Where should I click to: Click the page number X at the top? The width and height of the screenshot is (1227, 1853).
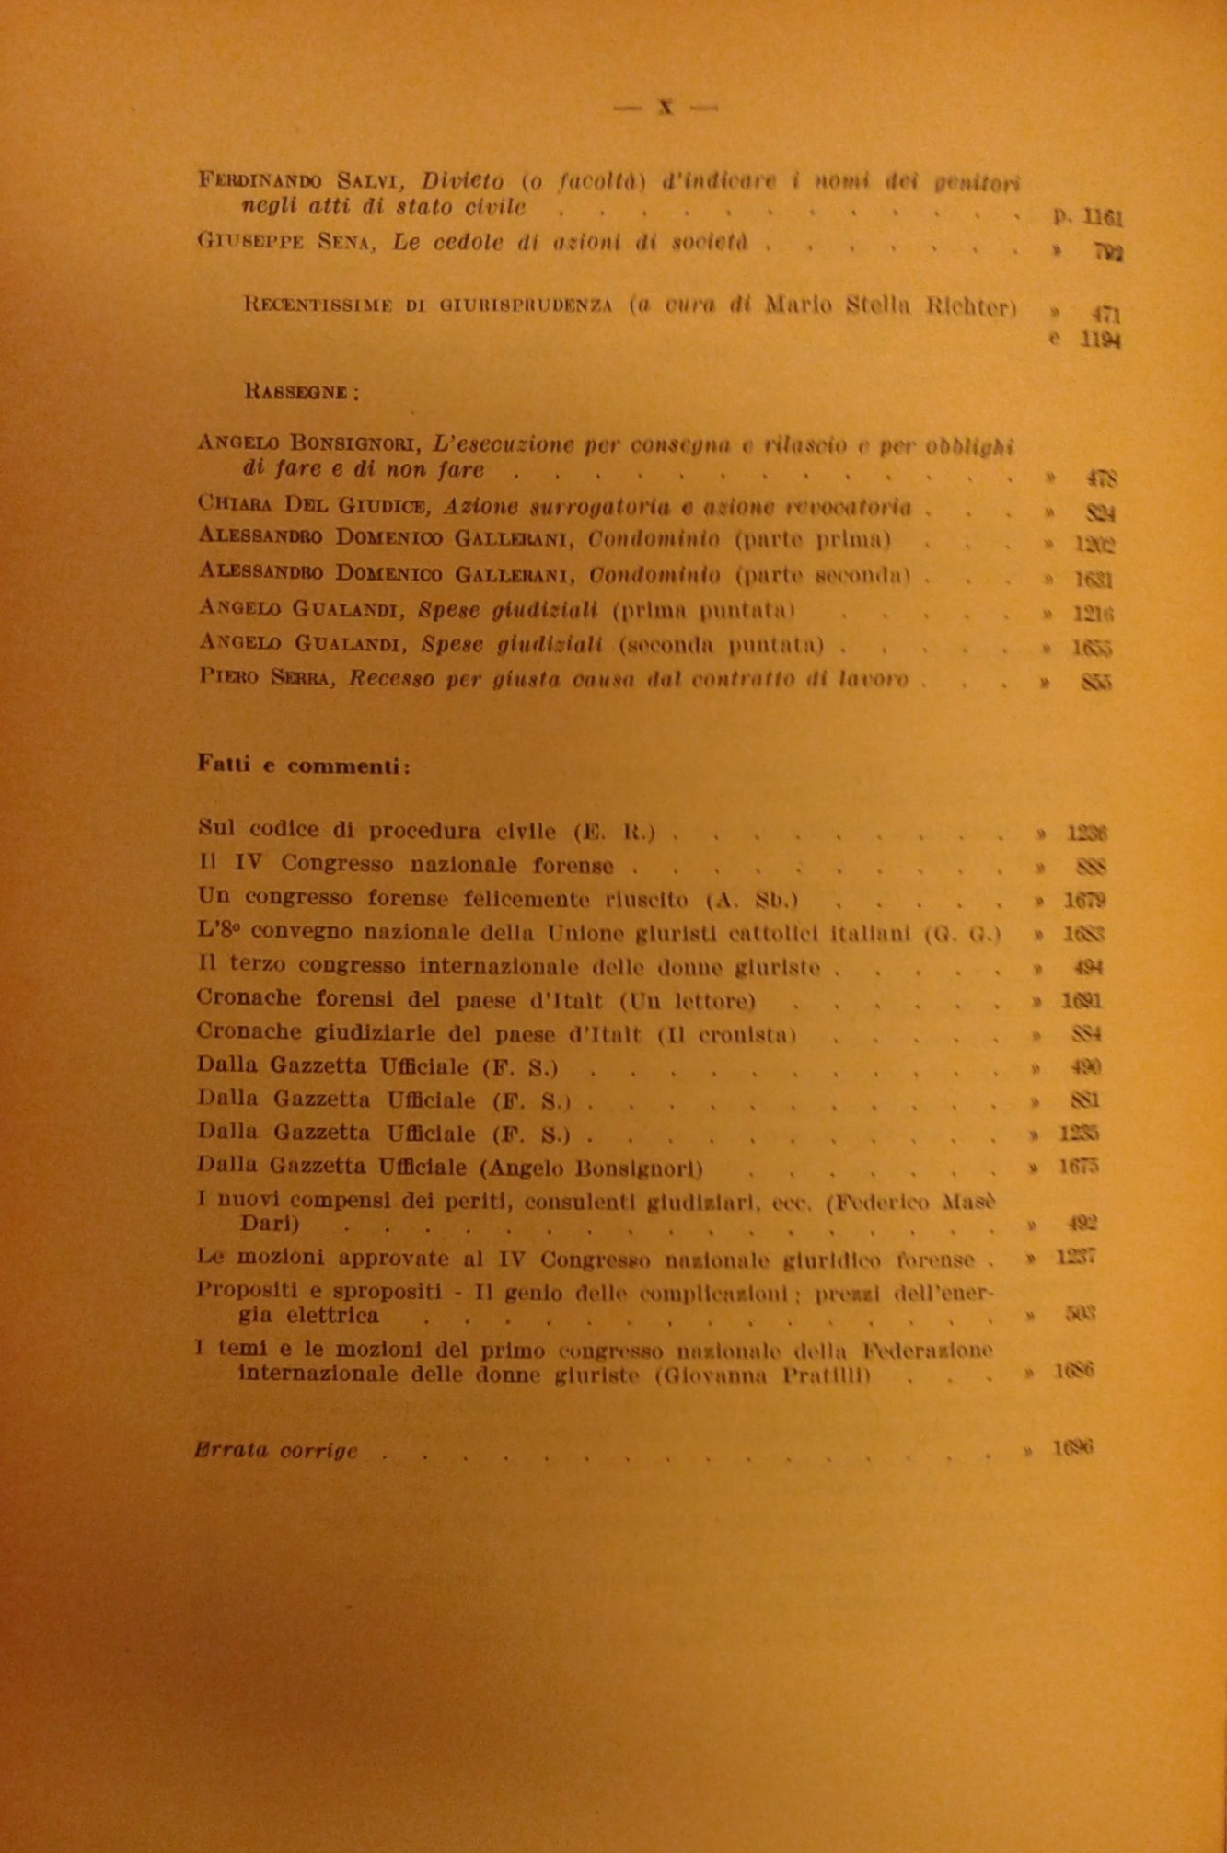pos(666,107)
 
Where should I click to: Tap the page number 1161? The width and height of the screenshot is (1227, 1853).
pos(1102,218)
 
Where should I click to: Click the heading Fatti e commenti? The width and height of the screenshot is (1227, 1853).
pos(304,765)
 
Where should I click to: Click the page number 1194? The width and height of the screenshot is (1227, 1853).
pos(1100,340)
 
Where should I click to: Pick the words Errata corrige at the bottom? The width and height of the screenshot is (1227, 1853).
pos(276,1451)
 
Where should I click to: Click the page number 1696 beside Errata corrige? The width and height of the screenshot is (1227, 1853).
pos(1072,1449)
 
